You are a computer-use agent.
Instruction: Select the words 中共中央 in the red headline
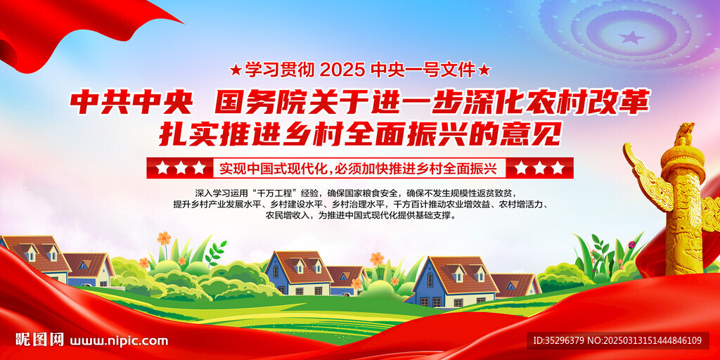(131, 103)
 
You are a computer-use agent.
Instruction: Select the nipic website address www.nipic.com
(119, 341)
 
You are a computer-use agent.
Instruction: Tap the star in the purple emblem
(632, 37)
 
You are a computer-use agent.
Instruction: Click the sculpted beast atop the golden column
(684, 134)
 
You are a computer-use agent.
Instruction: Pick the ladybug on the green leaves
(632, 245)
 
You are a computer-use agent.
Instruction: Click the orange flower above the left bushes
(163, 238)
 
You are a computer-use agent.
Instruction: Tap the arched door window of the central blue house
(276, 271)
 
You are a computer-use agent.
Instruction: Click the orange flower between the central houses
(377, 259)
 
